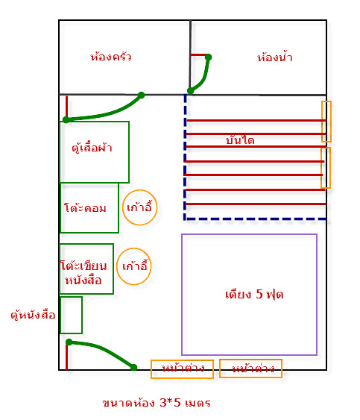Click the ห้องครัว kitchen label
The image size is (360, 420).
tap(111, 56)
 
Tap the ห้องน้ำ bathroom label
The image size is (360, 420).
tap(275, 57)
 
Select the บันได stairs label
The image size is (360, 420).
tap(240, 140)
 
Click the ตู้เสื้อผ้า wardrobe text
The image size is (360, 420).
tap(92, 147)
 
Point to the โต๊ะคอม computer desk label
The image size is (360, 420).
tap(85, 207)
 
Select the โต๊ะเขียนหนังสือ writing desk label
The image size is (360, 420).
tap(83, 272)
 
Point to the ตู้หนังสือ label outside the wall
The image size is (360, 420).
tap(33, 315)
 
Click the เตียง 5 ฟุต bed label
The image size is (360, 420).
tap(254, 294)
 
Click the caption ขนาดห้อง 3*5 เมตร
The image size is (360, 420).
tap(157, 403)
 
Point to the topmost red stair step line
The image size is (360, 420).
tap(256, 121)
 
